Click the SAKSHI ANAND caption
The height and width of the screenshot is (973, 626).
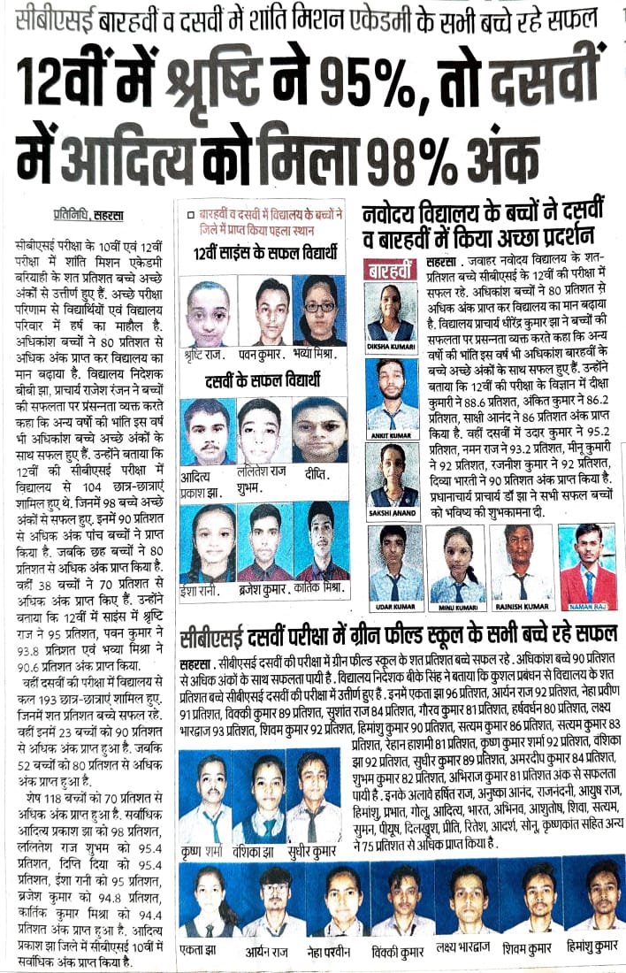tap(390, 513)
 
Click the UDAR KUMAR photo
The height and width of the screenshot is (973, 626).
tap(395, 564)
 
